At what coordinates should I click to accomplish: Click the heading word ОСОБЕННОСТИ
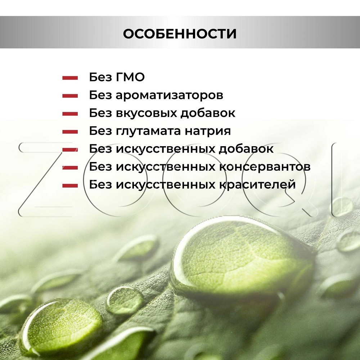coord(180,34)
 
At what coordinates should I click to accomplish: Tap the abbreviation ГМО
coord(130,77)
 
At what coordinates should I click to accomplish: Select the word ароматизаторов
coord(170,95)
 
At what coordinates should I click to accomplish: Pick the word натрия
coord(208,131)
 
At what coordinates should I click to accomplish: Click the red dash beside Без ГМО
coord(70,78)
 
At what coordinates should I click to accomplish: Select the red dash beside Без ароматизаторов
coord(70,96)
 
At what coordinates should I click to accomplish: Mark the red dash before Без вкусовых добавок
coord(70,114)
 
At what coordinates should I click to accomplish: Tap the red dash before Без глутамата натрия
coord(70,132)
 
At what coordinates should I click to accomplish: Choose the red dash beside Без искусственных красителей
coord(70,185)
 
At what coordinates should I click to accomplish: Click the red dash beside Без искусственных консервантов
coord(70,168)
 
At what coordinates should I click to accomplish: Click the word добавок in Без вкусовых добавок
coord(208,113)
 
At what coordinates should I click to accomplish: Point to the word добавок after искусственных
coord(246,149)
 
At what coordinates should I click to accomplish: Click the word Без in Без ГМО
coord(100,77)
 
